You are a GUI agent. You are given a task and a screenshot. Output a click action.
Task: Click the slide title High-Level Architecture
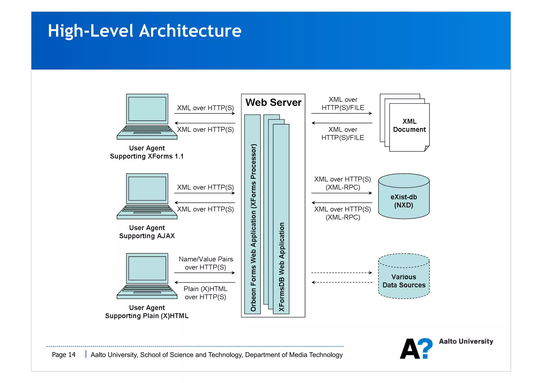(x=144, y=31)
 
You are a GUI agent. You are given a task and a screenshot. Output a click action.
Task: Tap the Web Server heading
(x=273, y=102)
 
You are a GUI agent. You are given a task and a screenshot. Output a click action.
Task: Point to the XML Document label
(x=409, y=125)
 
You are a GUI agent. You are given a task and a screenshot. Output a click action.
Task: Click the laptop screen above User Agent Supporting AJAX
(x=147, y=189)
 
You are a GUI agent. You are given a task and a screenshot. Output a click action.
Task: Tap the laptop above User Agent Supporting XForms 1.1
(x=147, y=116)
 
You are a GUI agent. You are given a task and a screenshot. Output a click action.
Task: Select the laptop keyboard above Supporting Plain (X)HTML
(x=147, y=289)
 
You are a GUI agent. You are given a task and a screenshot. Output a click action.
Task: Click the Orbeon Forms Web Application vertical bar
(x=253, y=214)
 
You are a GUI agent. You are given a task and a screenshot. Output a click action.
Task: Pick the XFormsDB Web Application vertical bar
(x=281, y=220)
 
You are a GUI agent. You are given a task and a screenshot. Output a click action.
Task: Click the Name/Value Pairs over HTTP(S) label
(x=206, y=263)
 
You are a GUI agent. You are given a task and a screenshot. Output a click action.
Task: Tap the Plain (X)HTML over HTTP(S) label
(x=206, y=293)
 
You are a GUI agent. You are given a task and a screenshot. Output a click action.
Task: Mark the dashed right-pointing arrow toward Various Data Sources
(x=341, y=273)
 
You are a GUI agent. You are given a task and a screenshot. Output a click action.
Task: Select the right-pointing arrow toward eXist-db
(x=341, y=193)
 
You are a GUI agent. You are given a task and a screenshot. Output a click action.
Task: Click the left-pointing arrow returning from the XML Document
(x=341, y=123)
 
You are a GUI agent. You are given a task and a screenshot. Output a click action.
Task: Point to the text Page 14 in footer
(x=64, y=355)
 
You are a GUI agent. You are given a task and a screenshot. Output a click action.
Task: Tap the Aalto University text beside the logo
(x=466, y=341)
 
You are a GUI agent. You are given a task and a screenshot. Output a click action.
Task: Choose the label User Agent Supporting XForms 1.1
(x=147, y=152)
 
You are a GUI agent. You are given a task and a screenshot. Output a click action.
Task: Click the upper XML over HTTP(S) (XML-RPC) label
(x=342, y=183)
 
